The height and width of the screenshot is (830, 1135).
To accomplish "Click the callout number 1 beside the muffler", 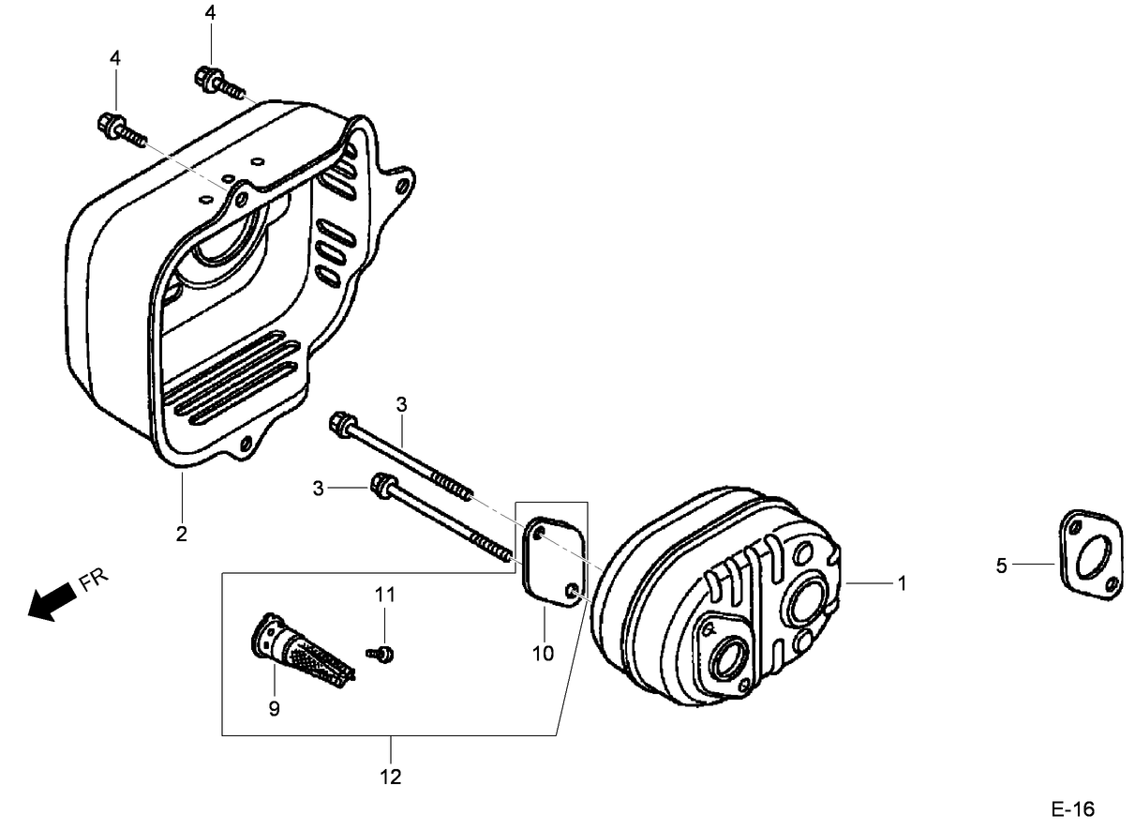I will tap(902, 583).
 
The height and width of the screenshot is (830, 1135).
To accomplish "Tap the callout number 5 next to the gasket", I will tap(1001, 566).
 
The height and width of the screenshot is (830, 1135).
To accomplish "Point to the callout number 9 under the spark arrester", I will tap(274, 709).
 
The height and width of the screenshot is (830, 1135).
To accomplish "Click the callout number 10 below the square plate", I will tap(544, 653).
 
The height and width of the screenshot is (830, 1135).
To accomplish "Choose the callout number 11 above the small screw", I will tap(385, 595).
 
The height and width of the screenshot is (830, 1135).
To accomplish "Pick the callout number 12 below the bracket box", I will tap(392, 777).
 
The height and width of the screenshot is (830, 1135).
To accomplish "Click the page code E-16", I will tap(1071, 809).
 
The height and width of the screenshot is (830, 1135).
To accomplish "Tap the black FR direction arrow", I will tap(51, 601).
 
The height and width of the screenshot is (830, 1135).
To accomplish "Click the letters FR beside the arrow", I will tap(94, 579).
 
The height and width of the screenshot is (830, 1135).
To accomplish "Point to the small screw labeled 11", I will tap(383, 653).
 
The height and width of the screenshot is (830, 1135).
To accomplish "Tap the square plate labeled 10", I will tap(551, 561).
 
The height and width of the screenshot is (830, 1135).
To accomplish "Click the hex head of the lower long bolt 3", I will tap(382, 486).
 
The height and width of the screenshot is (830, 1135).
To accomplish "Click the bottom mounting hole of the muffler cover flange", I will tap(246, 443).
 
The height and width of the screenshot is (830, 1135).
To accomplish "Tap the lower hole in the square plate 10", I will tap(573, 589).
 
